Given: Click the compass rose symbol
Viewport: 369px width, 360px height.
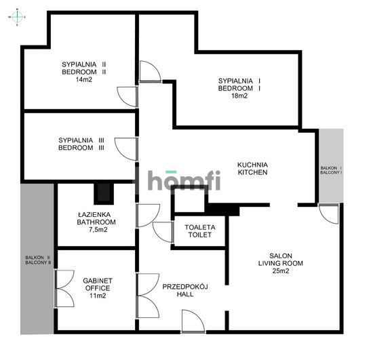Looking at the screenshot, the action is (17, 17).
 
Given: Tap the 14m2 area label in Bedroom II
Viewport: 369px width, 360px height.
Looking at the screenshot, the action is (84, 79).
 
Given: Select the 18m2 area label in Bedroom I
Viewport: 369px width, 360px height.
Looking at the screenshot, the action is (239, 96).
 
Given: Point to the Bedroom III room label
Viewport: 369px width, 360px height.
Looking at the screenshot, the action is (81, 144).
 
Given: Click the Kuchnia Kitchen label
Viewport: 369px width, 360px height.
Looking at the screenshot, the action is (252, 168).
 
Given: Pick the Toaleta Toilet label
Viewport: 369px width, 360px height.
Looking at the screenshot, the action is (200, 231).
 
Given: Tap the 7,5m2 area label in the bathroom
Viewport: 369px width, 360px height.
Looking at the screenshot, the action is (98, 230).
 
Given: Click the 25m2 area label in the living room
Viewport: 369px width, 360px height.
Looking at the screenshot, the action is (281, 271).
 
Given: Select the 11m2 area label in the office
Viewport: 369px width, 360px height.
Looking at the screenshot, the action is (98, 296).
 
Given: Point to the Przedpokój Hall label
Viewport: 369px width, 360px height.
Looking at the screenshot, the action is (185, 290).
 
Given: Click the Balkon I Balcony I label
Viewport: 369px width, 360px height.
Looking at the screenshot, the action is (331, 170).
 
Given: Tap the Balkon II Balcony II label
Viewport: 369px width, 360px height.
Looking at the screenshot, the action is (38, 260).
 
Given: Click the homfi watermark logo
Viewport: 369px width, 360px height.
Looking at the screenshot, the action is (184, 180).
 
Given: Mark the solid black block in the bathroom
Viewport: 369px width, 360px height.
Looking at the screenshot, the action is (104, 193).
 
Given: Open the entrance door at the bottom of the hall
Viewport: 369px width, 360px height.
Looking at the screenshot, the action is (193, 321).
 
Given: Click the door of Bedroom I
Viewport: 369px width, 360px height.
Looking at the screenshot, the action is (151, 71).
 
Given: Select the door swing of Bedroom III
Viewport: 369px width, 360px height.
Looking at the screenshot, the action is (126, 149).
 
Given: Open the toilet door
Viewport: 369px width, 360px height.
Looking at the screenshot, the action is (163, 232).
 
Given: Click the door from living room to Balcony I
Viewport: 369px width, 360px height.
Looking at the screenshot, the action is (329, 214).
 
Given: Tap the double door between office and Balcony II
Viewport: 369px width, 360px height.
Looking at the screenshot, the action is (64, 289).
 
